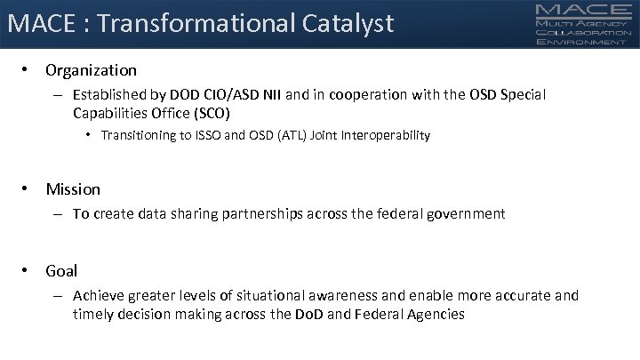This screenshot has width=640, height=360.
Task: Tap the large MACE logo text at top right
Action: point(583,11)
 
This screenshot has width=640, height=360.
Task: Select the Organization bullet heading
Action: point(92,69)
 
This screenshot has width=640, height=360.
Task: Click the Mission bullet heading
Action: point(73,188)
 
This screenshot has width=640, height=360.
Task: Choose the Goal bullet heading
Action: point(61,270)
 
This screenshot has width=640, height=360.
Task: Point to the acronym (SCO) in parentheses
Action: point(213,113)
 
